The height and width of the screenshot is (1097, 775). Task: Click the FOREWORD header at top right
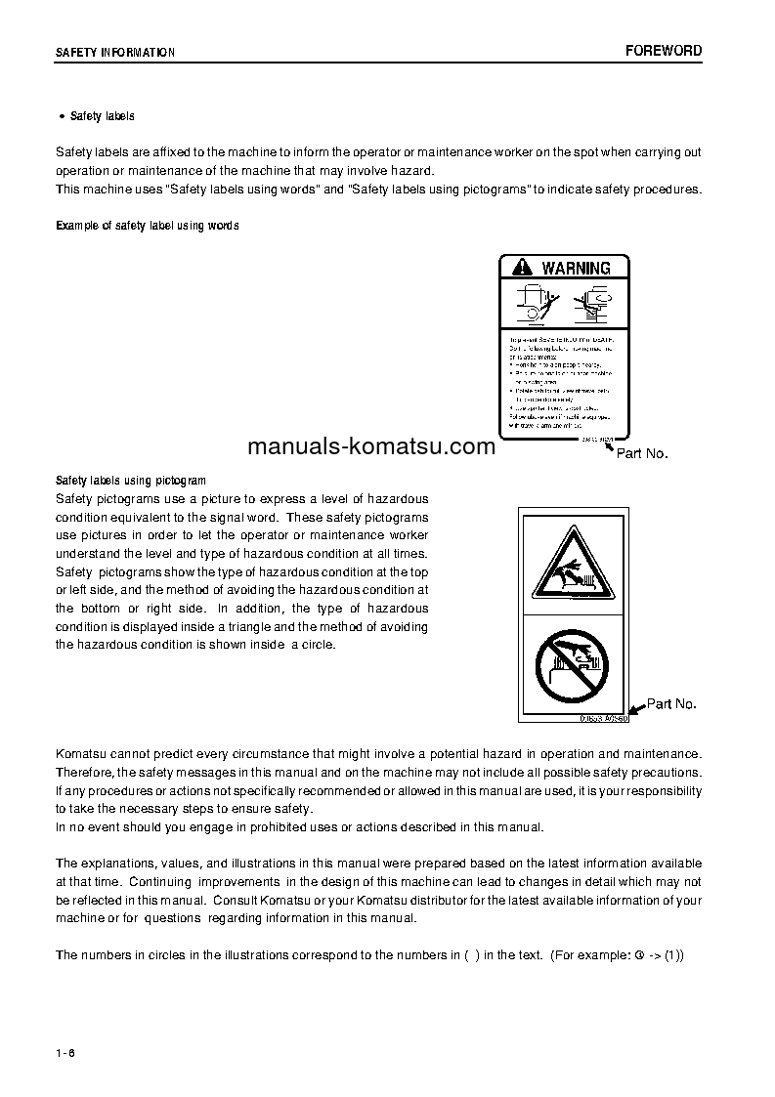pos(664,51)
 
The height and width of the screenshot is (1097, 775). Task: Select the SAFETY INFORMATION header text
pos(115,53)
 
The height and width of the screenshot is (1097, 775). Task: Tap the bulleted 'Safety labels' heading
pos(102,116)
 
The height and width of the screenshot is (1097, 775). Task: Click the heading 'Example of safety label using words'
pos(148,226)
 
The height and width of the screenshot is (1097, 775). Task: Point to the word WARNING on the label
pos(576,268)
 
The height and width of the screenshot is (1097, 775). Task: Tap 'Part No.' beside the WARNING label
pos(642,453)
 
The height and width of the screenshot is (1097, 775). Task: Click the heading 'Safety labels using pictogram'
pos(131,481)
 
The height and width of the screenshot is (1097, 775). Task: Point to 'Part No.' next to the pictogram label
pos(671,703)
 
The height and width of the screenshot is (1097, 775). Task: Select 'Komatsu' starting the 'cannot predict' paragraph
pos(82,754)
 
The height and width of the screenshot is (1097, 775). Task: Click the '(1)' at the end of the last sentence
pos(673,954)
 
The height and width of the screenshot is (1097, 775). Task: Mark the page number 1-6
pos(65,1051)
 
